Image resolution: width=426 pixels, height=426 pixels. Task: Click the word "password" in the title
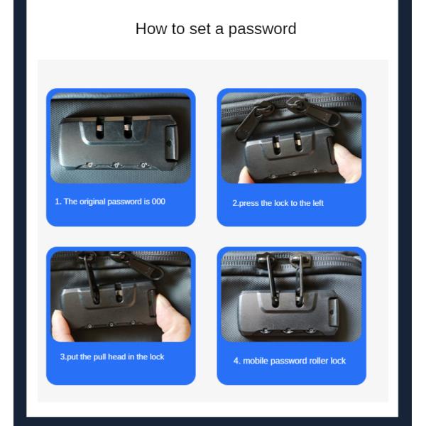click(x=262, y=29)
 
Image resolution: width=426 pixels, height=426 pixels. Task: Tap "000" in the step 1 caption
click(x=158, y=202)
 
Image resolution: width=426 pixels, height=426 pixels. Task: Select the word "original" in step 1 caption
click(x=92, y=202)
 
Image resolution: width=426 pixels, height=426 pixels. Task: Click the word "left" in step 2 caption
click(x=319, y=203)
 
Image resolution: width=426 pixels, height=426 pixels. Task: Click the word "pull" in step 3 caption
click(x=99, y=357)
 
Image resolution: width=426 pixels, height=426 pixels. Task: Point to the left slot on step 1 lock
click(x=100, y=127)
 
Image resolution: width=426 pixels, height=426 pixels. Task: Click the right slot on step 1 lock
click(x=128, y=127)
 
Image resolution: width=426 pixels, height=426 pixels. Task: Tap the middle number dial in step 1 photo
click(x=116, y=165)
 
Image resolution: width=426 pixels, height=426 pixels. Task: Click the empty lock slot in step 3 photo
click(x=118, y=293)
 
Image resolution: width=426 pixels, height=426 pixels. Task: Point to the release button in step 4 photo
click(x=334, y=312)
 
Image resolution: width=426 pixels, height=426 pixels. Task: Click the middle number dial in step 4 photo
click(x=288, y=331)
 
